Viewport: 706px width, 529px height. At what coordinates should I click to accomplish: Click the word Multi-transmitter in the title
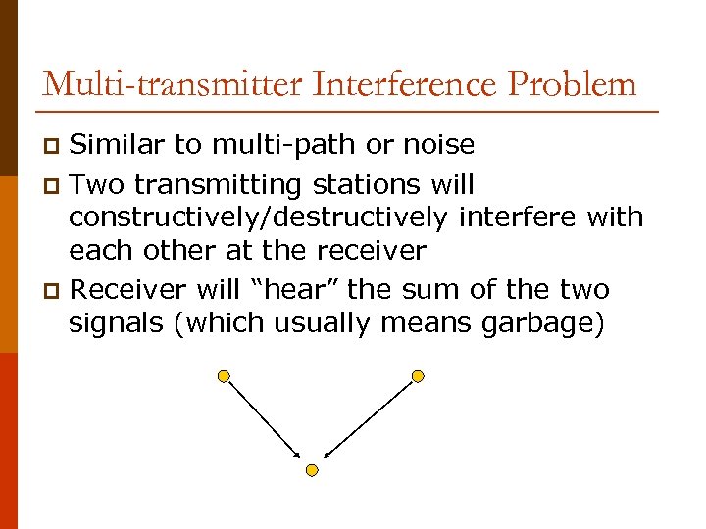[173, 83]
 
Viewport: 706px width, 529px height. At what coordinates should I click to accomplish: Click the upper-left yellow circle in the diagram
[225, 375]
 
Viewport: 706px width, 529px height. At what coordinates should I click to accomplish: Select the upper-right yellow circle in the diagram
[418, 375]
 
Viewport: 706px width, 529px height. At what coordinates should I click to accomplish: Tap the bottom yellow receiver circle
[312, 470]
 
